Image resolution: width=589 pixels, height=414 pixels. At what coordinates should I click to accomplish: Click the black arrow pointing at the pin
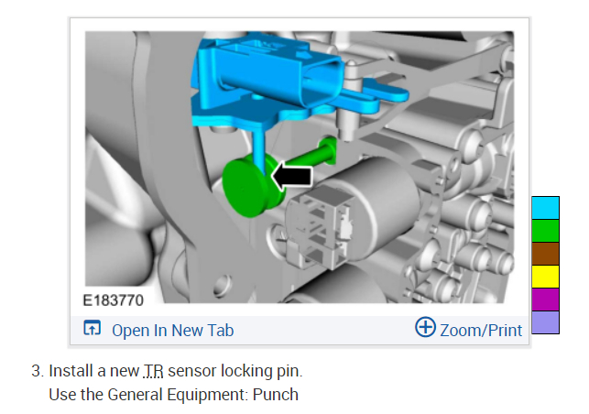click(x=291, y=176)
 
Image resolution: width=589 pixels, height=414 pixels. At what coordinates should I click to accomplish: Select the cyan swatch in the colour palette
click(x=545, y=208)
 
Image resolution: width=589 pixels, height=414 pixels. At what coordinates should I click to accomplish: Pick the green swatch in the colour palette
click(x=545, y=231)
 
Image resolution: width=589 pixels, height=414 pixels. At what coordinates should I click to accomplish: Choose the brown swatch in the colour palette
click(x=545, y=254)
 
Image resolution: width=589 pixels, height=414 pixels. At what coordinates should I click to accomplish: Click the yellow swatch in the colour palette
click(x=545, y=277)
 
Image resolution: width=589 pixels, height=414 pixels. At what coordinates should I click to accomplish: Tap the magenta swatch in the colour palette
click(x=545, y=300)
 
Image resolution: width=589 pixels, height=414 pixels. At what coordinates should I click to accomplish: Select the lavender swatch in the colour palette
click(x=545, y=322)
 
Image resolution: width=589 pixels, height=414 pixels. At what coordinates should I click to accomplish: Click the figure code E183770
click(x=113, y=300)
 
